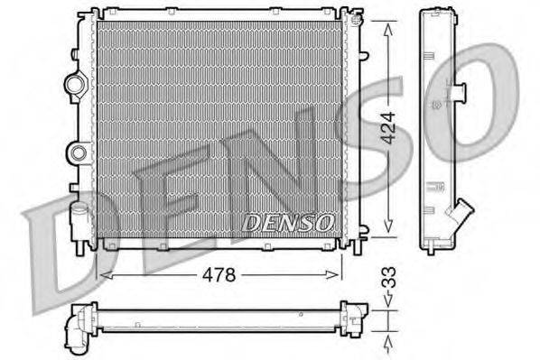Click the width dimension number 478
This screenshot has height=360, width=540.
coord(218,275)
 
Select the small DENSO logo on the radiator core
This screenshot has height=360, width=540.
coord(290,220)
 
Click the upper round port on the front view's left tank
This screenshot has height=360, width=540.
coord(74,85)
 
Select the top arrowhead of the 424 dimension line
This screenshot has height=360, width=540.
coord(389,25)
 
